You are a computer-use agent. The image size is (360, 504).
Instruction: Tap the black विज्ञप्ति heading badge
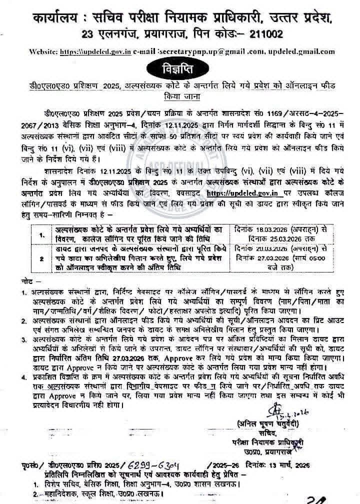click(x=179, y=66)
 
